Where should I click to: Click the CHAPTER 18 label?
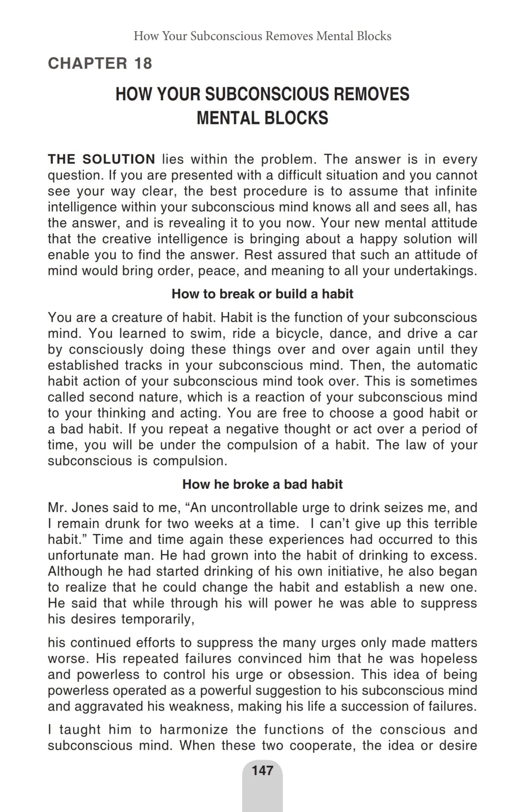click(x=100, y=63)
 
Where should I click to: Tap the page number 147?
click(x=262, y=770)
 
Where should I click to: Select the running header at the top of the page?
click(x=262, y=36)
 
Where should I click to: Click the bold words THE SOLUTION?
click(x=101, y=159)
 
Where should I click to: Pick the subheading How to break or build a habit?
click(x=262, y=294)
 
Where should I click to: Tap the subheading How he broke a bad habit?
click(x=262, y=484)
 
